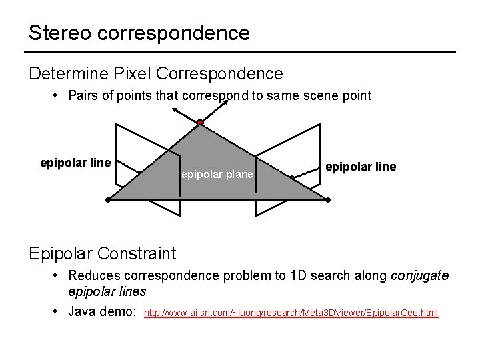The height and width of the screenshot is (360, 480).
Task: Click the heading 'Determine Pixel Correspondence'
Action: point(156,73)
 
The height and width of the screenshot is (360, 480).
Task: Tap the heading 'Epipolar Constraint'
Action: point(102,253)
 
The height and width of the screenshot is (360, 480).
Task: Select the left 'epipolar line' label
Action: point(75,163)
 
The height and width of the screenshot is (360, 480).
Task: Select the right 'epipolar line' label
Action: point(360,167)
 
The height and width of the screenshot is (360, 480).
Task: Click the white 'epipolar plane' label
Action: point(217,175)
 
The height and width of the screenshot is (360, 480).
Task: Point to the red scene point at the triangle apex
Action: point(199,123)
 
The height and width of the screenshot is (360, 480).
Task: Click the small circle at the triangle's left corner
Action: point(108,200)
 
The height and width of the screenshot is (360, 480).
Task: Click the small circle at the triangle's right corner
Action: point(327,200)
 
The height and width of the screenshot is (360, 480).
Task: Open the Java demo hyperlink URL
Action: point(291,313)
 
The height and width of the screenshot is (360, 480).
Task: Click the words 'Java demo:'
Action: point(103,311)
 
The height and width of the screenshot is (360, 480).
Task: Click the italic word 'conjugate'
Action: point(419,275)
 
